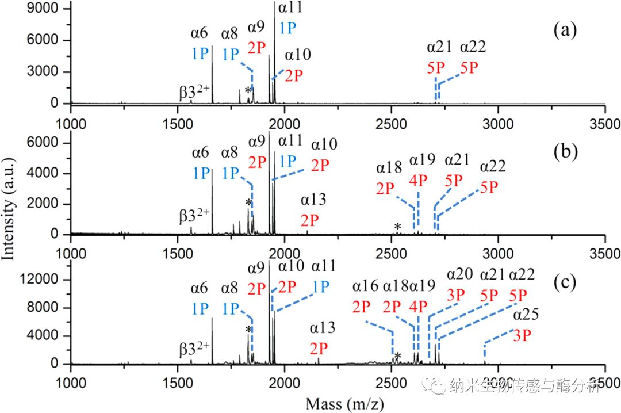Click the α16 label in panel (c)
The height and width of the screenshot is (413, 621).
point(366,286)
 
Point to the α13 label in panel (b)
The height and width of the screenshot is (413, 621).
point(314,200)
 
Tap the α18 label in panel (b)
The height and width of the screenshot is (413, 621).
point(390,167)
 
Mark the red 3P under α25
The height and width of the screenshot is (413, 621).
point(522,335)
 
